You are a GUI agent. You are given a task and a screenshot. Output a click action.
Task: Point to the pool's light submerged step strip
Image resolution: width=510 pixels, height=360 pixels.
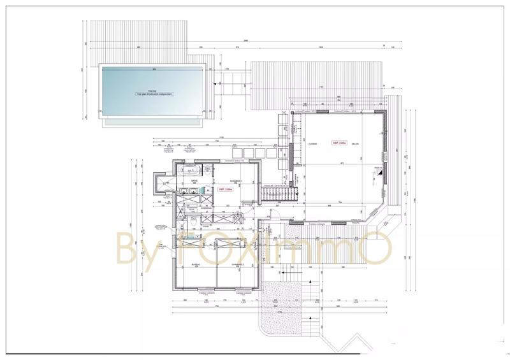point(153,119)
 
